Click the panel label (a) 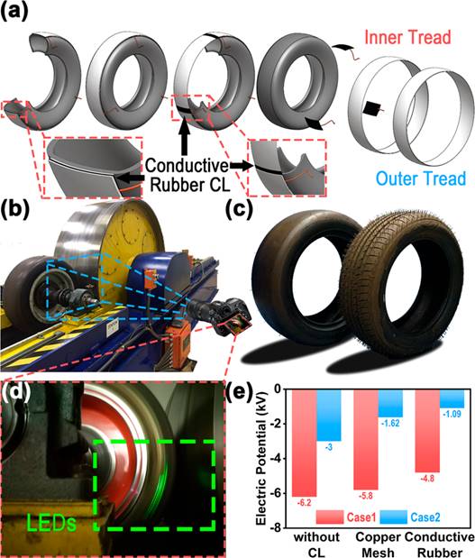pos(14,10)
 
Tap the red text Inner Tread pos(407,37)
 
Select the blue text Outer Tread pos(421,178)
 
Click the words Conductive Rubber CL pos(187,175)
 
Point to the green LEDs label pos(50,523)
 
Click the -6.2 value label pos(304,502)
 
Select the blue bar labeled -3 pos(329,416)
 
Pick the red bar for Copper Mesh pos(366,440)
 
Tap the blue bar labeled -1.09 pos(452,398)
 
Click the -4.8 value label pos(427,479)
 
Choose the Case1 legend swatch pos(330,517)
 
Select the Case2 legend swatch pos(393,517)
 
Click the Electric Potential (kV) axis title pos(260,459)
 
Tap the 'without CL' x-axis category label pos(316,544)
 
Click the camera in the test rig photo pos(219,315)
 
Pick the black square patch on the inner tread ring pos(370,108)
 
